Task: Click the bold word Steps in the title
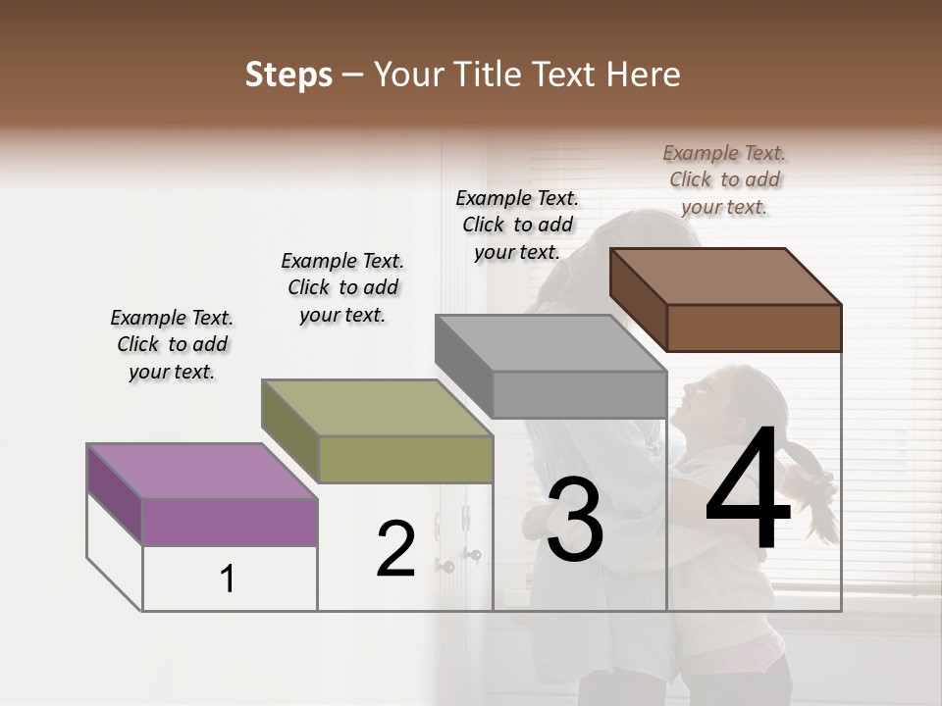[288, 75]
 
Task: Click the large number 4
[749, 489]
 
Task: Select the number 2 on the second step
[396, 549]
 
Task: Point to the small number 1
[228, 580]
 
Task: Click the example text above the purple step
[172, 344]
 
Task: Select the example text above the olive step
[342, 287]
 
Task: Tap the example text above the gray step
[517, 225]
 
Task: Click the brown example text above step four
[724, 179]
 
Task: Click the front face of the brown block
[754, 328]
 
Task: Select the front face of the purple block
[230, 522]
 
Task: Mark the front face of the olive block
[405, 459]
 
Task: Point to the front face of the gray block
[579, 394]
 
